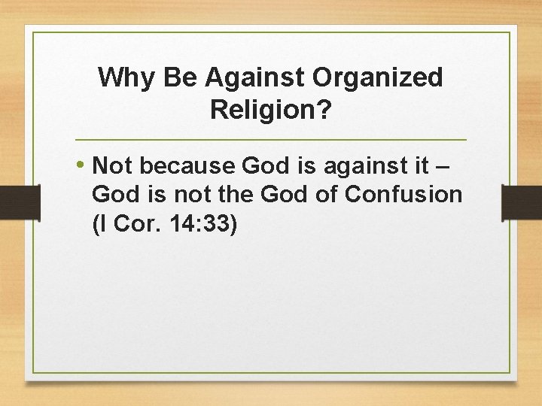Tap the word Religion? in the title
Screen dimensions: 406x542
tap(270, 110)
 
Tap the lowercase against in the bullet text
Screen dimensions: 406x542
tap(362, 165)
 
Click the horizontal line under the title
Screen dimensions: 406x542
tap(271, 141)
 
